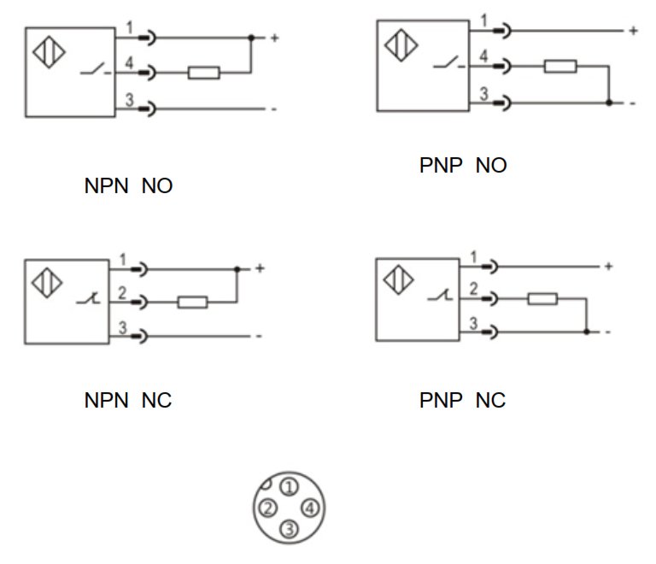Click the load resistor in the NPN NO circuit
(204, 73)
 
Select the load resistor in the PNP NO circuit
(560, 66)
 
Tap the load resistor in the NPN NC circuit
(192, 303)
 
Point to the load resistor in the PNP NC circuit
(542, 299)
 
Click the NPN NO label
(128, 185)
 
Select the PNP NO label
(463, 165)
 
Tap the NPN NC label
(128, 401)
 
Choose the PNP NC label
(463, 401)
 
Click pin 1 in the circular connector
(289, 486)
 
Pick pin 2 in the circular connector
(268, 508)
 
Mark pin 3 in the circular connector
(289, 529)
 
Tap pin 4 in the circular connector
(310, 508)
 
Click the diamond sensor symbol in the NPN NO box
(49, 52)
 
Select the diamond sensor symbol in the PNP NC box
(398, 279)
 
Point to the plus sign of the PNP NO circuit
(634, 31)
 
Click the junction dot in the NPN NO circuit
(251, 38)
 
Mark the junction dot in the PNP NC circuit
(587, 332)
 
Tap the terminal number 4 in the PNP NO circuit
(483, 56)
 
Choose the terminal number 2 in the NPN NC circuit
(122, 292)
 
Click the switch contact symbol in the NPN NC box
(89, 298)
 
